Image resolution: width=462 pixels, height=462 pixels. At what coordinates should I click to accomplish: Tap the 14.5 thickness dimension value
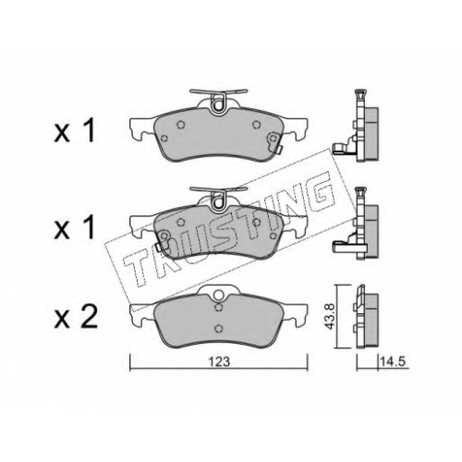(395, 361)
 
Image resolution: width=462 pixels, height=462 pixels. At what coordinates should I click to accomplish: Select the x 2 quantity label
(76, 317)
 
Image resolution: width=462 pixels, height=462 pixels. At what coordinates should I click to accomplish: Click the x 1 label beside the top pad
(74, 132)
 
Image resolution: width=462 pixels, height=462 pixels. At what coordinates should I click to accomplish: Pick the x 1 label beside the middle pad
(74, 229)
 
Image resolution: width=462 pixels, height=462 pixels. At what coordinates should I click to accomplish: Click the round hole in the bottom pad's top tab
(219, 295)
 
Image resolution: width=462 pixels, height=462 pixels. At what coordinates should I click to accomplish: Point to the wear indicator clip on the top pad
(274, 142)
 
